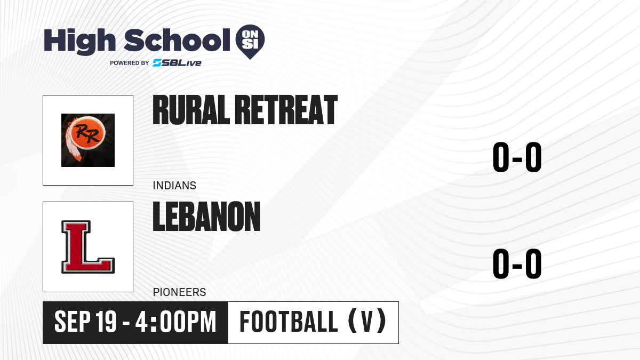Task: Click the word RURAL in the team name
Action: point(191,110)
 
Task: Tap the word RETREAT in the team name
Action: point(286,110)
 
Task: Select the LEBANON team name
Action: point(206,217)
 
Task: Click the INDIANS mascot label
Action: point(174,186)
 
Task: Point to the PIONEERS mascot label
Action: point(179,292)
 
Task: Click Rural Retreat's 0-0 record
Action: point(517,157)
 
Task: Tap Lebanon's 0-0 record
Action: point(517,263)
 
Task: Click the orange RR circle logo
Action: point(87,133)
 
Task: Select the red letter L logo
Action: point(87,247)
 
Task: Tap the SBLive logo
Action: point(177,63)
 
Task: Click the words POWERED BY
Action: point(130,63)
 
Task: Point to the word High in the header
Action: point(79,41)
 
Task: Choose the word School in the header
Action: point(177,40)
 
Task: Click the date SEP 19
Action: point(85,322)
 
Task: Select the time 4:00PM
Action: point(175,322)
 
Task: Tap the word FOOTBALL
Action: point(289,322)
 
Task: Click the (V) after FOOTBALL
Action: point(367,321)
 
